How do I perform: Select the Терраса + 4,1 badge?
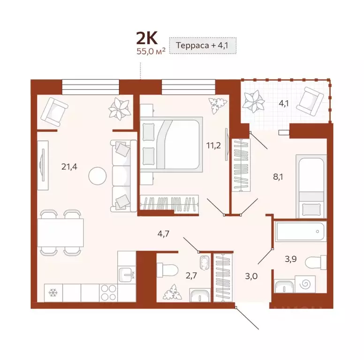pyautogui.click(x=202, y=46)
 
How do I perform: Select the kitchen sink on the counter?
pyautogui.click(x=126, y=273)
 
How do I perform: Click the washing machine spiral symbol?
pyautogui.click(x=304, y=284)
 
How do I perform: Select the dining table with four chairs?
pyautogui.click(x=61, y=232)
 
